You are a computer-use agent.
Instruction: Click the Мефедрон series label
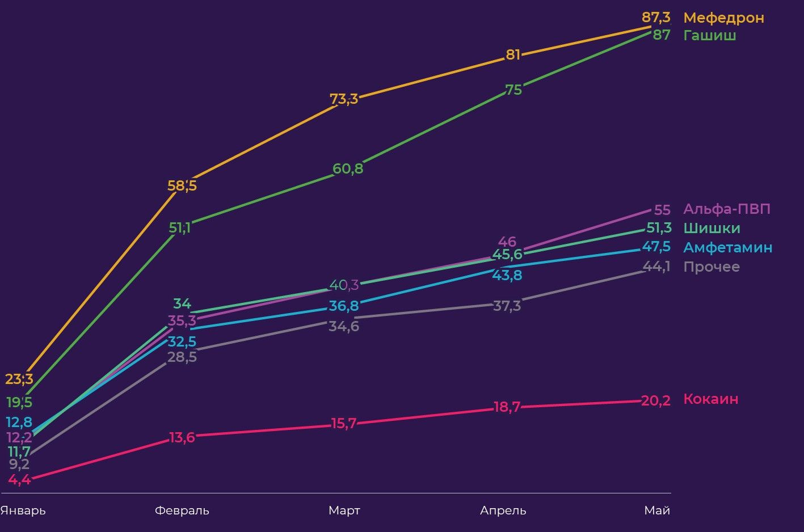coord(723,18)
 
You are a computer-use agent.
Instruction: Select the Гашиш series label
coord(710,35)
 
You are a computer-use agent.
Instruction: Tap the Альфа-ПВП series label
coord(727,209)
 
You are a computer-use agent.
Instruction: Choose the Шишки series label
coord(712,228)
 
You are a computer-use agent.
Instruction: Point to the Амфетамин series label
coord(727,247)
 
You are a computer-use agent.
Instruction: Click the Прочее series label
coord(712,267)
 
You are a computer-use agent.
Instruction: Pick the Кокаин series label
coord(711,399)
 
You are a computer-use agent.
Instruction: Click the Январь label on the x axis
coord(23,510)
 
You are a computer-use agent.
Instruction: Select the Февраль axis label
coord(182,510)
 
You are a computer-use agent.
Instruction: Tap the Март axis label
coord(344,510)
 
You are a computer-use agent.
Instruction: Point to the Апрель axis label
coord(503,510)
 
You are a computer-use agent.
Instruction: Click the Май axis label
coord(657,510)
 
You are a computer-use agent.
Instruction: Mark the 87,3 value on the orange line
coord(656,18)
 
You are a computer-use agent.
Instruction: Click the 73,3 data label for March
coord(344,99)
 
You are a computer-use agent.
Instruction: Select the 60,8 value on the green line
coord(348,168)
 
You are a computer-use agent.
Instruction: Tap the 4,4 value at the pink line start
coord(19,479)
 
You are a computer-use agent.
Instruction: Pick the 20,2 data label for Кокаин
coord(656,401)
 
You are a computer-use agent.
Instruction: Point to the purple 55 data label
coord(662,210)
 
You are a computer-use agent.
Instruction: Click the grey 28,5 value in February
coord(182,357)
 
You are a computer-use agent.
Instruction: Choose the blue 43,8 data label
coord(507,276)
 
